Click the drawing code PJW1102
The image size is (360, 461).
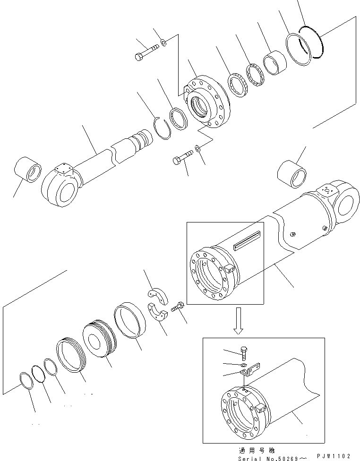tap(334, 455)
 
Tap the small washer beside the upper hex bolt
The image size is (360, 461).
tap(163, 43)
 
